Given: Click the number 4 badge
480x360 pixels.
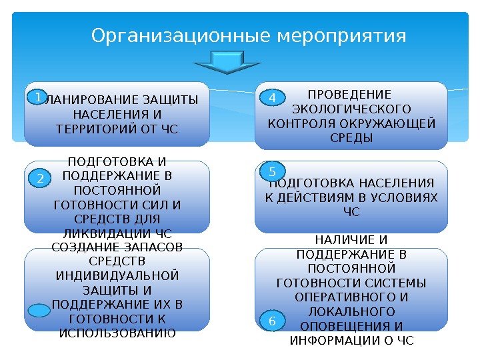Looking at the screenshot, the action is [x=271, y=99].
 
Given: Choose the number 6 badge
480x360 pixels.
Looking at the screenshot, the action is [x=271, y=322].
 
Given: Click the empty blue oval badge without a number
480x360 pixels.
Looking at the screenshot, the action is [x=41, y=311].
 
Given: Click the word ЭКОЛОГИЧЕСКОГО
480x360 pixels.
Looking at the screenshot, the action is [x=352, y=109].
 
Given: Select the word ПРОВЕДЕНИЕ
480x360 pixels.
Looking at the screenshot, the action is [x=352, y=94].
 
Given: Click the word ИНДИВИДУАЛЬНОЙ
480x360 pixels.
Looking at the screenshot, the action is [x=117, y=276].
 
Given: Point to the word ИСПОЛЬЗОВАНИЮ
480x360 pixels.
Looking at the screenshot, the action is [x=117, y=333].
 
